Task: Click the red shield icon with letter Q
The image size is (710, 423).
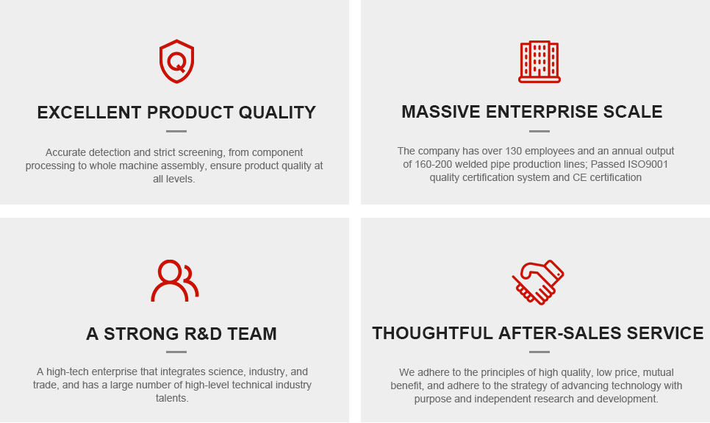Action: (176, 61)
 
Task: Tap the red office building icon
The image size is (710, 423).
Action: (539, 62)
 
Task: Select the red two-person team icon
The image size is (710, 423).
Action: (175, 280)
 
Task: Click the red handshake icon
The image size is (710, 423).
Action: (538, 282)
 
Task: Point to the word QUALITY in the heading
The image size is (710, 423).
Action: (277, 113)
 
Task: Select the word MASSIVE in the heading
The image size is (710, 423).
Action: (440, 112)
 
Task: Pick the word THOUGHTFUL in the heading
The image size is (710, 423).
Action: (432, 333)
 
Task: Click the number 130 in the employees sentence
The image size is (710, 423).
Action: (514, 151)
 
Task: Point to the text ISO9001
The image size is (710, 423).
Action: (648, 164)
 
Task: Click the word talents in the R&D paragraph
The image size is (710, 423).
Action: (172, 398)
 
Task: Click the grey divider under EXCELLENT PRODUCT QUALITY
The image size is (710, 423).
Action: (176, 131)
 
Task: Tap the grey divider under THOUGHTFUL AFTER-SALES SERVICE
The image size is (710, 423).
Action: (539, 352)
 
